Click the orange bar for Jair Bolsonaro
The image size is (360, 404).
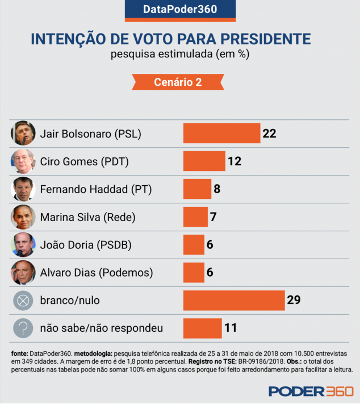[x=221, y=134]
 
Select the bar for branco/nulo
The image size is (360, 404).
[x=233, y=300]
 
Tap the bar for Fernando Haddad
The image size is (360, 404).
[x=197, y=189]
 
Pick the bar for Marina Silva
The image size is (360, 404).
[x=195, y=216]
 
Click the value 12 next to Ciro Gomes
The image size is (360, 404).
[x=235, y=161]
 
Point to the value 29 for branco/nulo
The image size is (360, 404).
[x=294, y=300]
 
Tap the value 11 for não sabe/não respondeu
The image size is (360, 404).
[x=230, y=328]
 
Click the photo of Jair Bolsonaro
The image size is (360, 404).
[x=23, y=134]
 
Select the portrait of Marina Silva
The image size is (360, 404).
[x=23, y=216]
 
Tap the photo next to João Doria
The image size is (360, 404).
[x=23, y=244]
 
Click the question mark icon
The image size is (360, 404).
[x=23, y=328]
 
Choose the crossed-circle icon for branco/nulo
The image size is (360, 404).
[x=23, y=300]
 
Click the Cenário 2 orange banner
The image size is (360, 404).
[x=178, y=82]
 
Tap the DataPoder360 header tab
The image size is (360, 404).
[x=180, y=10]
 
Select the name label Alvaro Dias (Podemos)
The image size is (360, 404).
[x=96, y=273]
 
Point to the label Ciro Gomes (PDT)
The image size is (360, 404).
[x=84, y=162]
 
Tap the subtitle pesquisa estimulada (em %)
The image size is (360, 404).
[x=180, y=56]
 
